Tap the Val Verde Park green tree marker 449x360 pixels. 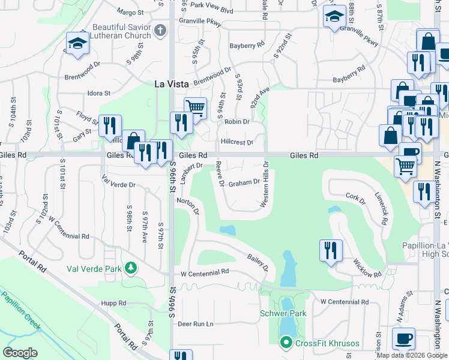pyautogui.click(x=131, y=269)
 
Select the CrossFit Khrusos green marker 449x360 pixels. pyautogui.click(x=286, y=343)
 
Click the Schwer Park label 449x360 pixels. pyautogui.click(x=283, y=313)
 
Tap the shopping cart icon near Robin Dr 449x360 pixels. pyautogui.click(x=195, y=108)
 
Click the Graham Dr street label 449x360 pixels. pyautogui.click(x=244, y=182)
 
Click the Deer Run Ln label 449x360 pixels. pyautogui.click(x=196, y=324)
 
